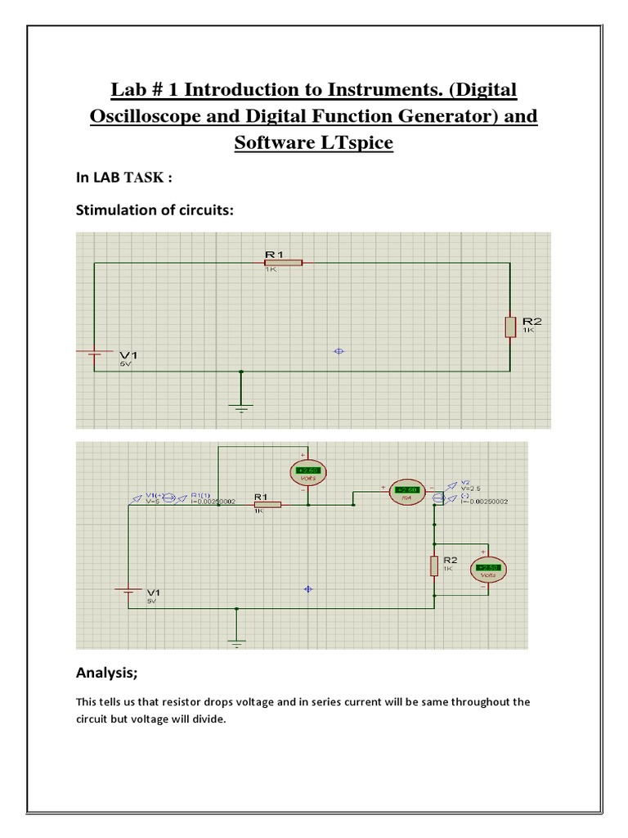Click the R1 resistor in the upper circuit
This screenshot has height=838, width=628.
(284, 263)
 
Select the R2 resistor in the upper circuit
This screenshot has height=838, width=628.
(509, 327)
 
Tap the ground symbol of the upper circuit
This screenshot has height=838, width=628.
(241, 407)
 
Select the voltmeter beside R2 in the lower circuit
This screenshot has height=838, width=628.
(488, 568)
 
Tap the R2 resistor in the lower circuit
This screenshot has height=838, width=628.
(435, 565)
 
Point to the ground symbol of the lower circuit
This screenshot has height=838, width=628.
(237, 642)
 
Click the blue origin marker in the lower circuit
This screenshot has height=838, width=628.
(307, 588)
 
